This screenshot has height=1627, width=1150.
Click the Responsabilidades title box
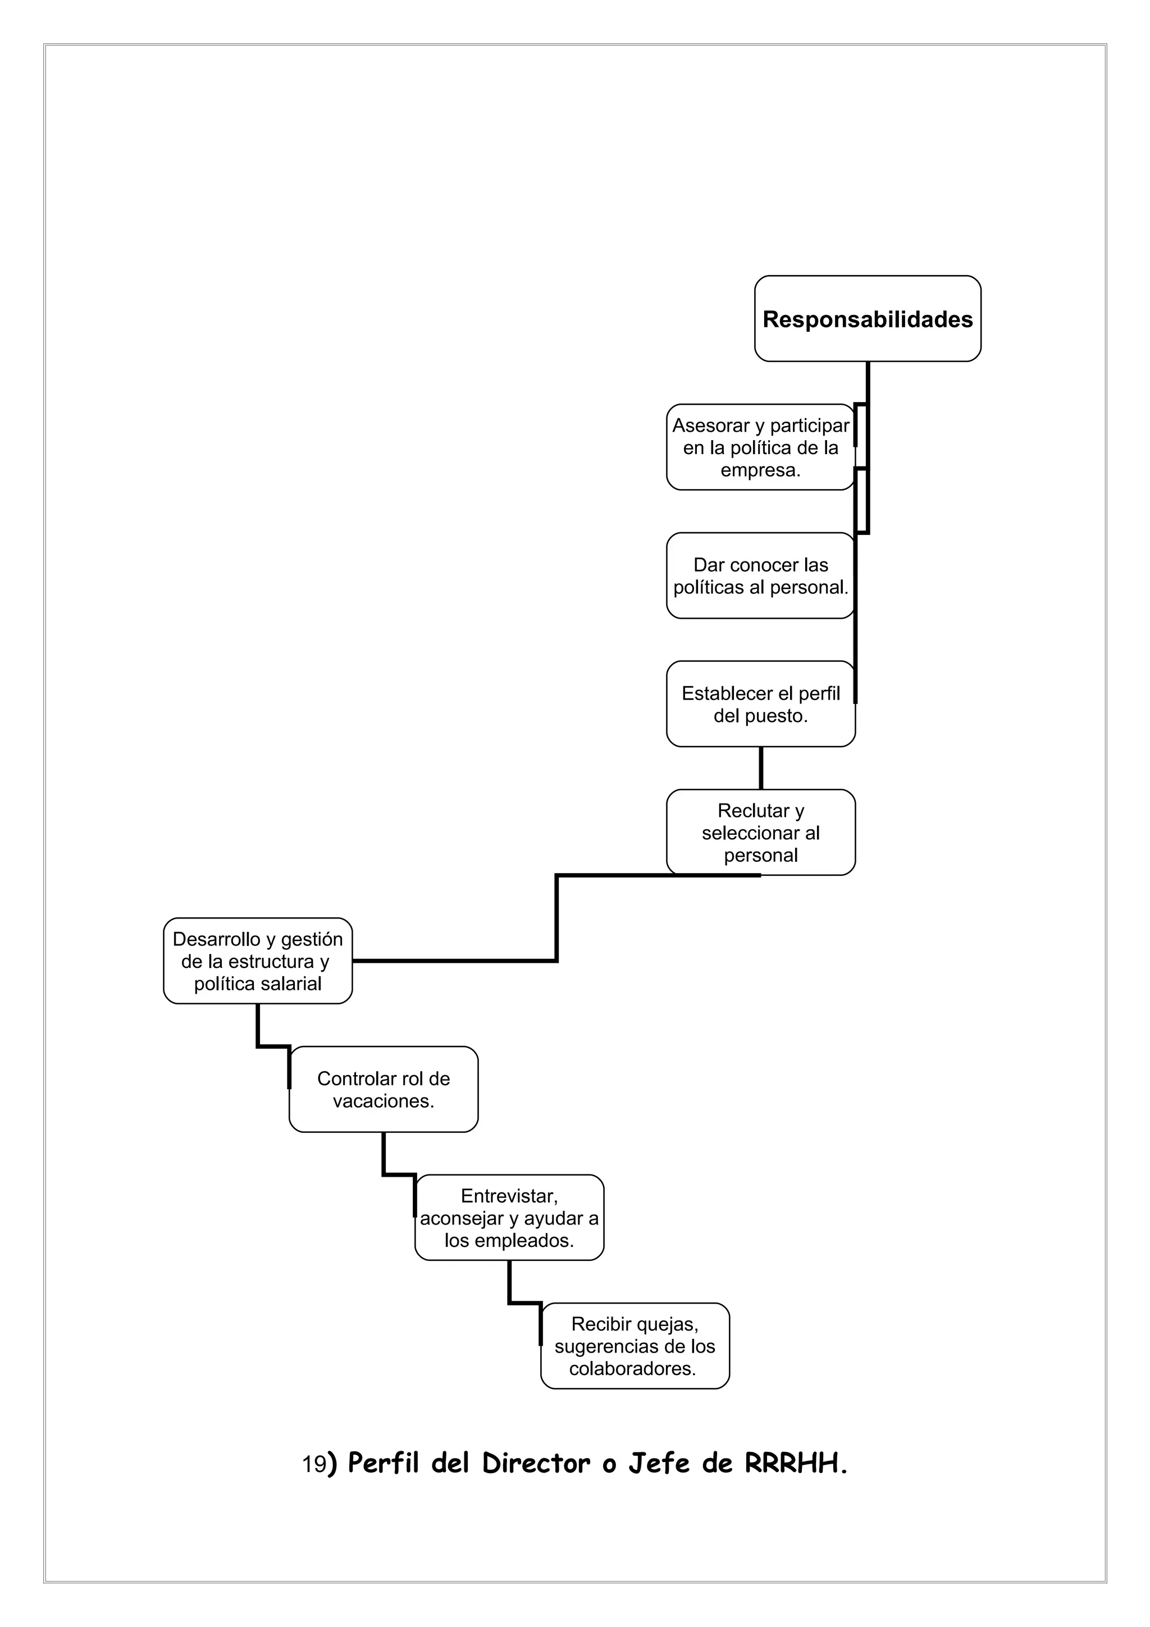pyautogui.click(x=868, y=319)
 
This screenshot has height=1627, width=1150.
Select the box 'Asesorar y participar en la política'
pyautogui.click(x=760, y=447)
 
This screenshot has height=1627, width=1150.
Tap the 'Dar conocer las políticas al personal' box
pyautogui.click(x=760, y=575)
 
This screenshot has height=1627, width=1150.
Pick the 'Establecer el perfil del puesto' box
pyautogui.click(x=760, y=703)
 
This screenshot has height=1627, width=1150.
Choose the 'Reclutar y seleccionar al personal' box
pyautogui.click(x=760, y=832)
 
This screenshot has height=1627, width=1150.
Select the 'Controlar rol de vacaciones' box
pyautogui.click(x=384, y=1089)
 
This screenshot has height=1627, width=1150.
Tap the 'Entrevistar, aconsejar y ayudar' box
pyautogui.click(x=509, y=1217)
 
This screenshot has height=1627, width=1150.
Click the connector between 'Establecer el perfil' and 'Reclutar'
pyautogui.click(x=761, y=767)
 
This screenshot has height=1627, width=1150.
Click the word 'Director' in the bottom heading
pyautogui.click(x=536, y=1463)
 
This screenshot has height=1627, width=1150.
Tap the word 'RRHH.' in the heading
pyautogui.click(x=796, y=1463)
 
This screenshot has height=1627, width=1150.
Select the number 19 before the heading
pyautogui.click(x=314, y=1465)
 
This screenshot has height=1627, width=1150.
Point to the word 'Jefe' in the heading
pyautogui.click(x=659, y=1463)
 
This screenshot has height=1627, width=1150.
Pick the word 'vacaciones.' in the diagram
pyautogui.click(x=384, y=1100)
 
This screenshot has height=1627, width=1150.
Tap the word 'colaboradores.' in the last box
pyautogui.click(x=633, y=1368)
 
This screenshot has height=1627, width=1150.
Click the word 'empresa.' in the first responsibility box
pyautogui.click(x=760, y=470)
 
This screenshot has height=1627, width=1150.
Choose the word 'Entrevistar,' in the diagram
pyautogui.click(x=509, y=1195)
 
